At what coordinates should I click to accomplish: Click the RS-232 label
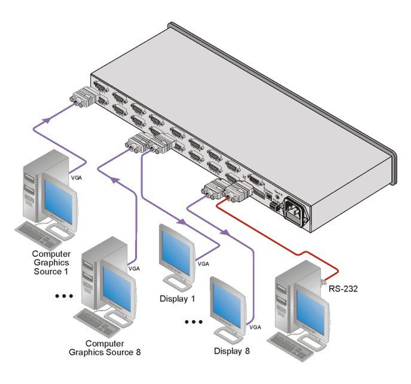click(343, 289)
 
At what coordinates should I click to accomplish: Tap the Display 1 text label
click(177, 299)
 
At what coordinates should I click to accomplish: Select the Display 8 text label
click(232, 351)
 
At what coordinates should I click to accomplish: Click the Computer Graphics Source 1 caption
click(51, 263)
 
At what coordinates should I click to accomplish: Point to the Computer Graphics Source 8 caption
click(105, 348)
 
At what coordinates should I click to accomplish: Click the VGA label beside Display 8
click(255, 327)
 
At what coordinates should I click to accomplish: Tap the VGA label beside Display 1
click(203, 264)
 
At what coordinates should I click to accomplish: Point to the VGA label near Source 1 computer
click(76, 178)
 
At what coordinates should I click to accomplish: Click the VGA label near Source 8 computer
click(134, 269)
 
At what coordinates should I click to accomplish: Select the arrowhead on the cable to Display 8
click(224, 233)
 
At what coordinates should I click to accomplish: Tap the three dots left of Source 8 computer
click(64, 296)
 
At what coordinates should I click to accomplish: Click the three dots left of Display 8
click(194, 322)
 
